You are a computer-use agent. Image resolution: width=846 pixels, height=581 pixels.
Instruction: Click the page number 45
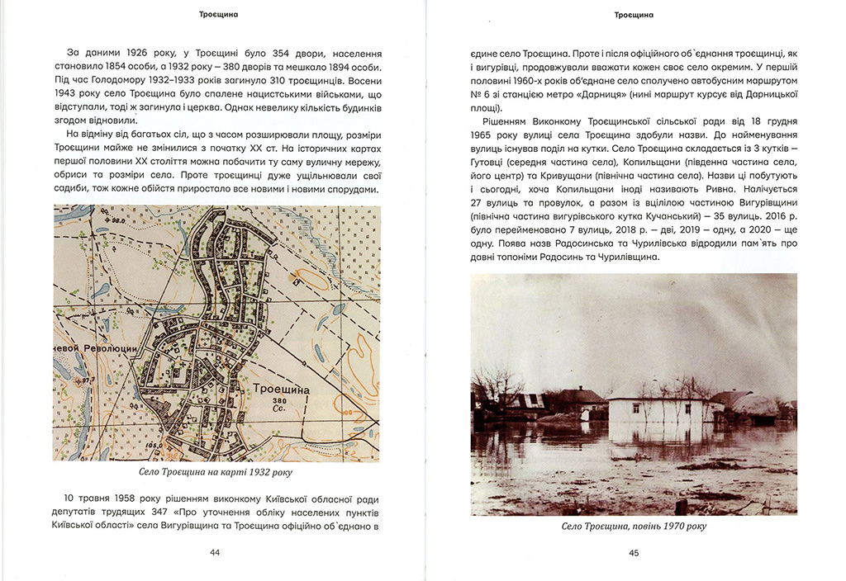pos(634,554)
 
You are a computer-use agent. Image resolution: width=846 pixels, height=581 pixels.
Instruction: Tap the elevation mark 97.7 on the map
pos(83,381)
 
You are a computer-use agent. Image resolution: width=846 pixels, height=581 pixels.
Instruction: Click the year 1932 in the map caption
pos(258,473)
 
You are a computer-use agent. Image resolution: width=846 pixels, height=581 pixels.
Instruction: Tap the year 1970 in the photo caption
pos(668,527)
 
